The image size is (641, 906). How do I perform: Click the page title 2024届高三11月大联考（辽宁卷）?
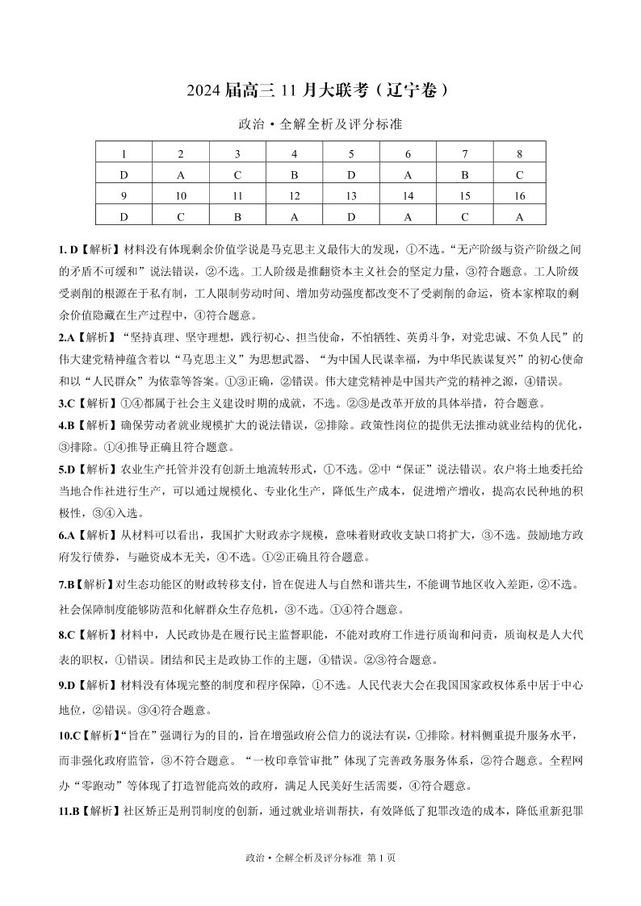pos(320,91)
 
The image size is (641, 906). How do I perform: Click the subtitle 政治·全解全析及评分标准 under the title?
pos(320,125)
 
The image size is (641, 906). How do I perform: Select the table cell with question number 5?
pos(350,153)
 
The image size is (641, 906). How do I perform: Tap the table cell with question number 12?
pos(294,195)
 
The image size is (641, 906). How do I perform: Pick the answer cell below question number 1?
pos(124,174)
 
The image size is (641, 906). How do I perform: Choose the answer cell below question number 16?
pos(519,216)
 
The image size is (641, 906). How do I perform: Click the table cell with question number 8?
pos(519,153)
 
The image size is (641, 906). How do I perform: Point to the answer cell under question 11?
pos(237,216)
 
